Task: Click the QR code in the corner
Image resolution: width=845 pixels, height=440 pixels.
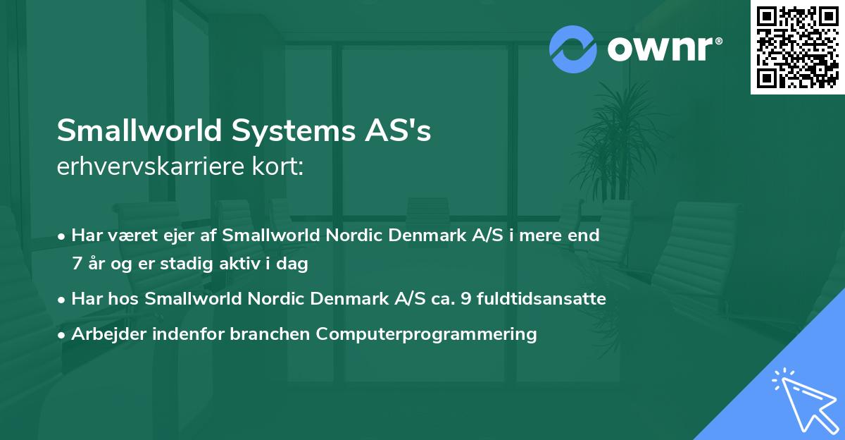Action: click(x=797, y=47)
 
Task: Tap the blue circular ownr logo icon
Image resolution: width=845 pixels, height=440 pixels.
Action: click(x=573, y=49)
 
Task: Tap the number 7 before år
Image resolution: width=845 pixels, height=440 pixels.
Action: click(x=76, y=264)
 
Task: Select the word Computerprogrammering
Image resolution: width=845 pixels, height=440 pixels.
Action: click(x=426, y=334)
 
